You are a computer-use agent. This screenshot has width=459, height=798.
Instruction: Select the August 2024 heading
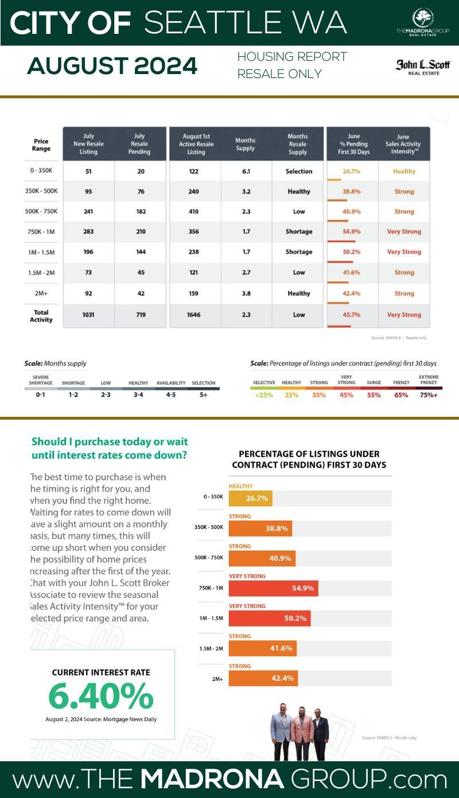(112, 67)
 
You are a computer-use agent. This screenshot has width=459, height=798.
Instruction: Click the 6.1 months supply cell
(245, 171)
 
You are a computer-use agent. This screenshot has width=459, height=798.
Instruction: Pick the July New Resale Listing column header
(88, 144)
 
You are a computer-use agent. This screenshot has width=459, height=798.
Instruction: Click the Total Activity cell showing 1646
(196, 315)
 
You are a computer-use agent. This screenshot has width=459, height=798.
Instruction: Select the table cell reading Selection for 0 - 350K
(299, 171)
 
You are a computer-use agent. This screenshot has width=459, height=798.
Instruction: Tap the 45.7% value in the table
(351, 315)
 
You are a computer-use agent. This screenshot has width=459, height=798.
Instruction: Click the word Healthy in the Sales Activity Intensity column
(404, 171)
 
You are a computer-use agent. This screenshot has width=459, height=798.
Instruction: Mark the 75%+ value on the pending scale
(427, 395)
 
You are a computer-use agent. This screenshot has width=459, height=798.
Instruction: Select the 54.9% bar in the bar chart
(273, 588)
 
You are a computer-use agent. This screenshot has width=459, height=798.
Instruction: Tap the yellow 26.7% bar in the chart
(251, 498)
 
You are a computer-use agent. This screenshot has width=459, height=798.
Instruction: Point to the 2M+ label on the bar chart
(217, 679)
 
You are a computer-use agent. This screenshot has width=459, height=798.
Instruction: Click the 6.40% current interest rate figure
(101, 696)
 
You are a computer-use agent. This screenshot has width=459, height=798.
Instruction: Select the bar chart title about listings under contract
(309, 459)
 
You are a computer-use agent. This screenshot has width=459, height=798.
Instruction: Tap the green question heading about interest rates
(110, 448)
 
